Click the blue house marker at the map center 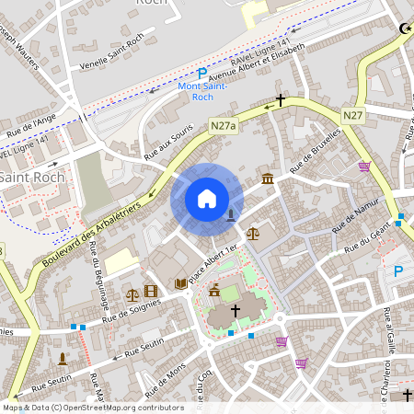pos(206,199)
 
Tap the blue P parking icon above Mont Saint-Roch pos(202,74)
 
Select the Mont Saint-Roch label pos(201,90)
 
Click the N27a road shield pos(223,125)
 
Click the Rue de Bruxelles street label pos(315,151)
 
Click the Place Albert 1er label pos(213,263)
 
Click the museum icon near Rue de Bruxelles pos(267,178)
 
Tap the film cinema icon pos(151,292)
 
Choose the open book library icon pos(180,283)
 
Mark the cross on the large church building pos(235,312)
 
